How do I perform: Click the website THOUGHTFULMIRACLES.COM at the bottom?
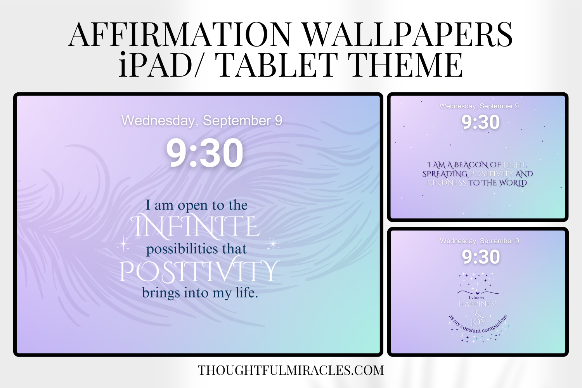tap(291, 371)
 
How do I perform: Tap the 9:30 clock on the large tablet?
tap(204, 153)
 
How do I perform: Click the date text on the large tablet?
tap(202, 121)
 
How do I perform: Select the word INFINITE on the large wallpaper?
tap(195, 227)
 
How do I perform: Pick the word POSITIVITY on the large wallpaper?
tap(199, 271)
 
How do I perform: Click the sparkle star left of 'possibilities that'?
tap(123, 244)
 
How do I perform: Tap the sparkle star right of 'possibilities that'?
tap(273, 244)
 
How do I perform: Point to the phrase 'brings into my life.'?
tap(200, 293)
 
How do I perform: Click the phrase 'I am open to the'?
tap(196, 205)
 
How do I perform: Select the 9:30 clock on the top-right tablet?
tap(480, 123)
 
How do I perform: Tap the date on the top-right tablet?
tap(479, 106)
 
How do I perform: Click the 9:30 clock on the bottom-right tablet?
tap(481, 257)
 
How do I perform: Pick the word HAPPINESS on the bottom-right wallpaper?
tap(478, 304)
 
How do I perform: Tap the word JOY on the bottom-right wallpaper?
tap(478, 322)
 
